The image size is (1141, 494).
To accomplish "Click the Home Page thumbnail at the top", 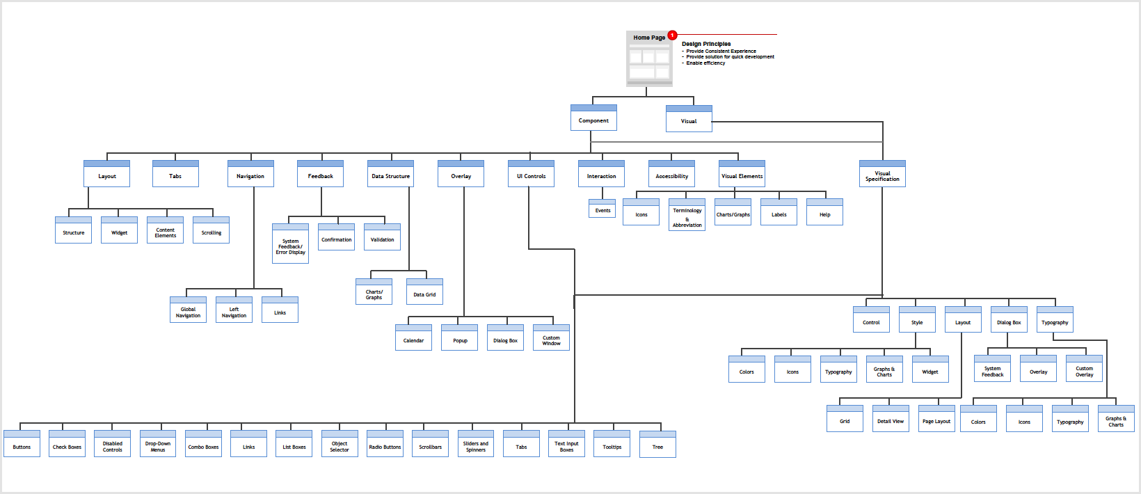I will coord(649,59).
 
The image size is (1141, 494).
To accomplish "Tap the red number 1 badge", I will coord(672,35).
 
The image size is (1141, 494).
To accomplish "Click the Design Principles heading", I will coord(705,44).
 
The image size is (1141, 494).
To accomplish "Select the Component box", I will coord(593,118).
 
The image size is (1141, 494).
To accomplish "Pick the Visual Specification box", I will coord(882,175).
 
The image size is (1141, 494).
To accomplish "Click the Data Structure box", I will coord(390,175).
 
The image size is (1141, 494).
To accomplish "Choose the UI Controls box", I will coord(531,175).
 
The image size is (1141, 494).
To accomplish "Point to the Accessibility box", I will coord(671,175).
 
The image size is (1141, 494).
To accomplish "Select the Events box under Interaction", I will coord(603,209).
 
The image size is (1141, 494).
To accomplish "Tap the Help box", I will coord(824,213).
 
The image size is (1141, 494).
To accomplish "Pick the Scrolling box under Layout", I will coord(211,231).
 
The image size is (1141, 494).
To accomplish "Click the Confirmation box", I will coord(336,238).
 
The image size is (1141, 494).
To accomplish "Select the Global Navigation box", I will coord(188,310).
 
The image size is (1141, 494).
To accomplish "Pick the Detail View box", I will coord(891,420).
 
